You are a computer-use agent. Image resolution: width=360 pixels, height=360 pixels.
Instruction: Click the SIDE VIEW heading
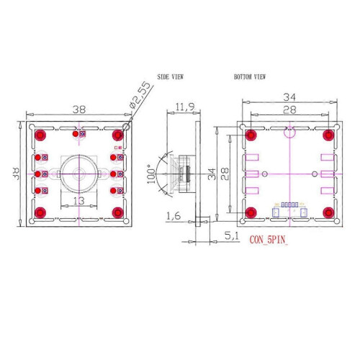pyautogui.click(x=171, y=77)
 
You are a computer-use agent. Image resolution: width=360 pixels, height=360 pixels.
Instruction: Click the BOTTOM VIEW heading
pyautogui.click(x=250, y=77)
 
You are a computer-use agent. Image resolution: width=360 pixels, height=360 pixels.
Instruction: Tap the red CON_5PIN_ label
pyautogui.click(x=269, y=240)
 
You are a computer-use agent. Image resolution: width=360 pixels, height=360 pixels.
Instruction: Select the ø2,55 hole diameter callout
pyautogui.click(x=140, y=95)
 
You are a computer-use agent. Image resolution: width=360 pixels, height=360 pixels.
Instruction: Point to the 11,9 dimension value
pyautogui.click(x=185, y=107)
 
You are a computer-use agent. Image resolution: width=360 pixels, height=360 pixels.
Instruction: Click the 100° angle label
pyautogui.click(x=151, y=174)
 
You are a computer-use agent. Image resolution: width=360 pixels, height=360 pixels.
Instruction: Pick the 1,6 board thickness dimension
pyautogui.click(x=174, y=216)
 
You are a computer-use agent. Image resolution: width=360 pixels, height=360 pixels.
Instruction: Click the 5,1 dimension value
pyautogui.click(x=232, y=236)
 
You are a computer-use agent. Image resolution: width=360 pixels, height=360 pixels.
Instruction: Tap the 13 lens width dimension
pyautogui.click(x=78, y=201)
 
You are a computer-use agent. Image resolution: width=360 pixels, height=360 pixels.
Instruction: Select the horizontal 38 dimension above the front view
pyautogui.click(x=79, y=109)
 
